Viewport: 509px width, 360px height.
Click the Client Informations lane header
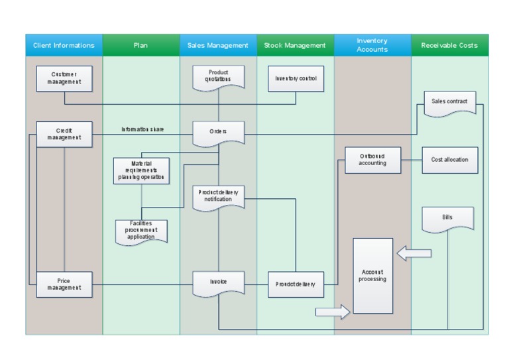click(x=64, y=46)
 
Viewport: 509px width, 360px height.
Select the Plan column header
click(x=141, y=46)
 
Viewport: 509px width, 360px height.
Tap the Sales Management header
click(x=218, y=46)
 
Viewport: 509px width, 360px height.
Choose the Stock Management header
click(x=295, y=46)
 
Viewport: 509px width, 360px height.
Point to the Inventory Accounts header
click(x=372, y=45)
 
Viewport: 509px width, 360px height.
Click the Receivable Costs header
click(x=449, y=46)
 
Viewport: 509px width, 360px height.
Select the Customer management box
click(x=64, y=78)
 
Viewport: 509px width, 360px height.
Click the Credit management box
click(x=64, y=134)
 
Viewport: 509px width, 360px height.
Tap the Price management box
click(x=64, y=284)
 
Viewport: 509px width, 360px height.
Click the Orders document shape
click(x=219, y=132)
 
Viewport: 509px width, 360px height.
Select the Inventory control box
click(x=296, y=78)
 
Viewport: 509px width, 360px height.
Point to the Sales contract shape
click(x=449, y=103)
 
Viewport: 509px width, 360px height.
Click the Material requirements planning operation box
click(x=141, y=170)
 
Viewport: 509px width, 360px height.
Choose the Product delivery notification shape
click(x=219, y=196)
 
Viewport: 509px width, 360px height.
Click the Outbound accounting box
click(x=372, y=160)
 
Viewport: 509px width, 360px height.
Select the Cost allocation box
click(x=450, y=160)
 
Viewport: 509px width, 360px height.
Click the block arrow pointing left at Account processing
click(x=414, y=253)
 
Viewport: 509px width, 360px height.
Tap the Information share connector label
click(x=142, y=129)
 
